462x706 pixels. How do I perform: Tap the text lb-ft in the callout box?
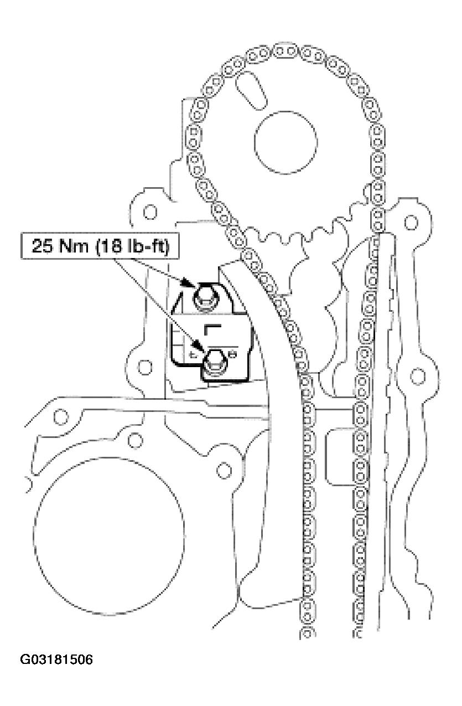(146, 245)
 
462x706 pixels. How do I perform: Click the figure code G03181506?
(56, 660)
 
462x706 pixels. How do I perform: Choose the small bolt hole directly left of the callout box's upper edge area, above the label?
(148, 212)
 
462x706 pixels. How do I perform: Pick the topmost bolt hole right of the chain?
(411, 223)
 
